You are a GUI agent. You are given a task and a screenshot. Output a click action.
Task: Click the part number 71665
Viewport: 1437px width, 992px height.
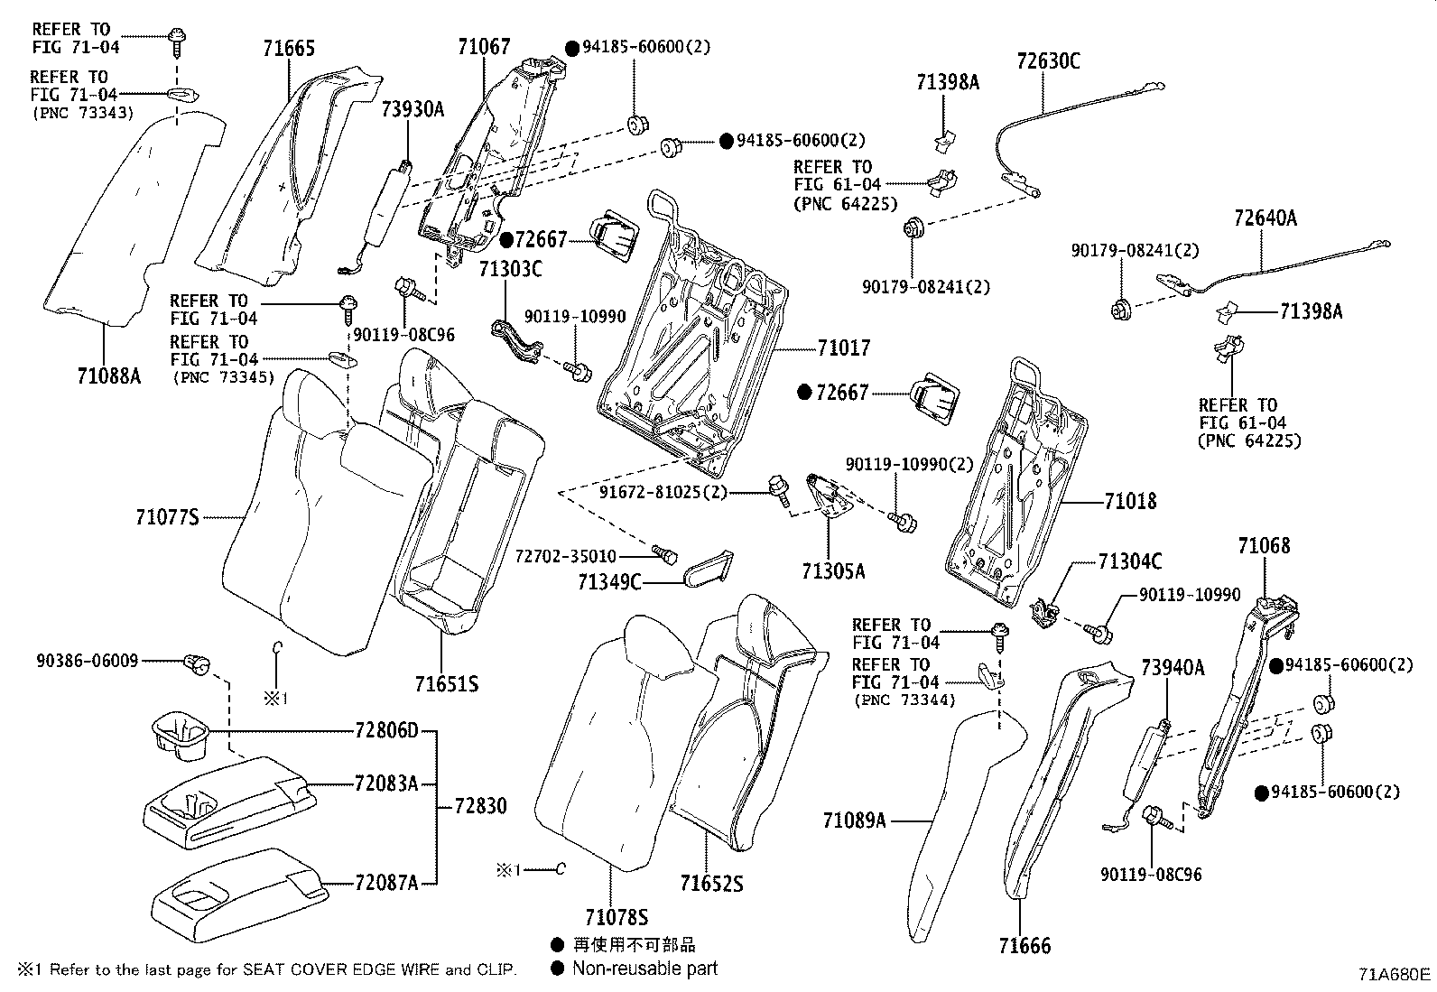click(289, 48)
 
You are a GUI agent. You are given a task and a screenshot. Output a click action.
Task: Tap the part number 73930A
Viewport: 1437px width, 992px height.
click(413, 109)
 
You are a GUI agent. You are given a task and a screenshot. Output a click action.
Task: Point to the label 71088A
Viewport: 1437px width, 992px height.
click(109, 375)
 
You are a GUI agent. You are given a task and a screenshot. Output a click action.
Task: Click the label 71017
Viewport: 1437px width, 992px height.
click(844, 348)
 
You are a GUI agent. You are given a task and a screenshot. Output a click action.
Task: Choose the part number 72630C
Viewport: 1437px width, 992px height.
click(1048, 61)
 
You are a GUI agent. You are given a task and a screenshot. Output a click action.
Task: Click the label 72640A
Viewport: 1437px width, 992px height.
click(1265, 218)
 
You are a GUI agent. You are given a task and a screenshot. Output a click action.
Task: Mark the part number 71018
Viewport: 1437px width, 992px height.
click(1129, 501)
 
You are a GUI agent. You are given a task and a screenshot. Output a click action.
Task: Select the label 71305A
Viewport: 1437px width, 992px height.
click(832, 570)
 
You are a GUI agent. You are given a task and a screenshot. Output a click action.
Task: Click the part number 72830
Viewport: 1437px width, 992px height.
click(480, 805)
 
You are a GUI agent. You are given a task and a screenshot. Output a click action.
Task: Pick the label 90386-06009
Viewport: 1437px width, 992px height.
click(88, 661)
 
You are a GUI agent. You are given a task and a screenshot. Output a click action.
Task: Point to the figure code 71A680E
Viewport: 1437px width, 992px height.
click(1395, 974)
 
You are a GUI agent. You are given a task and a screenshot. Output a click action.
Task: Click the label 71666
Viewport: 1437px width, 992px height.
click(1024, 946)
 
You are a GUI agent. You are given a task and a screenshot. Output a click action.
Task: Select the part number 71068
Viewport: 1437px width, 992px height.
click(1264, 545)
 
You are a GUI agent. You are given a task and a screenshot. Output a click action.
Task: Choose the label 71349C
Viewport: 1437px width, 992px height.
click(609, 582)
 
